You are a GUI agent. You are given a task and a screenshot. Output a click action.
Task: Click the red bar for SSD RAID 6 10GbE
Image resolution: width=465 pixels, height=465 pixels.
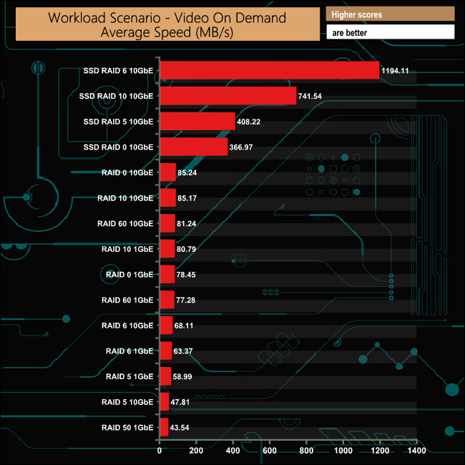point(269,70)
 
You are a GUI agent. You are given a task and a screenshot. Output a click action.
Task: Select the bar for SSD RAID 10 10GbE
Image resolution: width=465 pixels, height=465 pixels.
point(227,96)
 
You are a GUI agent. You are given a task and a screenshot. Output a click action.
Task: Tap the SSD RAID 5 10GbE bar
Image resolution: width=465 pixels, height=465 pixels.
point(197,122)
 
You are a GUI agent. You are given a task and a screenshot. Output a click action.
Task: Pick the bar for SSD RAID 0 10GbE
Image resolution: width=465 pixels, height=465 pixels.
point(193,147)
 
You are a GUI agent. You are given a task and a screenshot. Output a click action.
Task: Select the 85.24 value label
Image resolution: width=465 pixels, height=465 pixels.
point(188,172)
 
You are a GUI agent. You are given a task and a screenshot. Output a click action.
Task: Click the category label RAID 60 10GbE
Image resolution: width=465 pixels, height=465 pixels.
point(125,223)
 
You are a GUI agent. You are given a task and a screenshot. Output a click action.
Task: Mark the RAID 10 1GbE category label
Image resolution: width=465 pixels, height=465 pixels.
point(128,249)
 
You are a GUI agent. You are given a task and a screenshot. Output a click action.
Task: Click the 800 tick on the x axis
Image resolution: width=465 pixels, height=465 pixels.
point(306,451)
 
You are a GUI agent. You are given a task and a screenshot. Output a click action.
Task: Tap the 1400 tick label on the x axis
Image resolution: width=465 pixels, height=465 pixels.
point(416,451)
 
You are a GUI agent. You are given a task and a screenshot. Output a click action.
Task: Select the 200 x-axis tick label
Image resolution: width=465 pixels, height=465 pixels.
point(196,451)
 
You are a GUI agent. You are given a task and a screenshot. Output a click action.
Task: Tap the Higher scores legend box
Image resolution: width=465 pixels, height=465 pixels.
point(390,14)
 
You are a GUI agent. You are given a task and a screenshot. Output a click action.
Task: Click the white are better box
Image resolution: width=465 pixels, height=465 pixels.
point(390,32)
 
